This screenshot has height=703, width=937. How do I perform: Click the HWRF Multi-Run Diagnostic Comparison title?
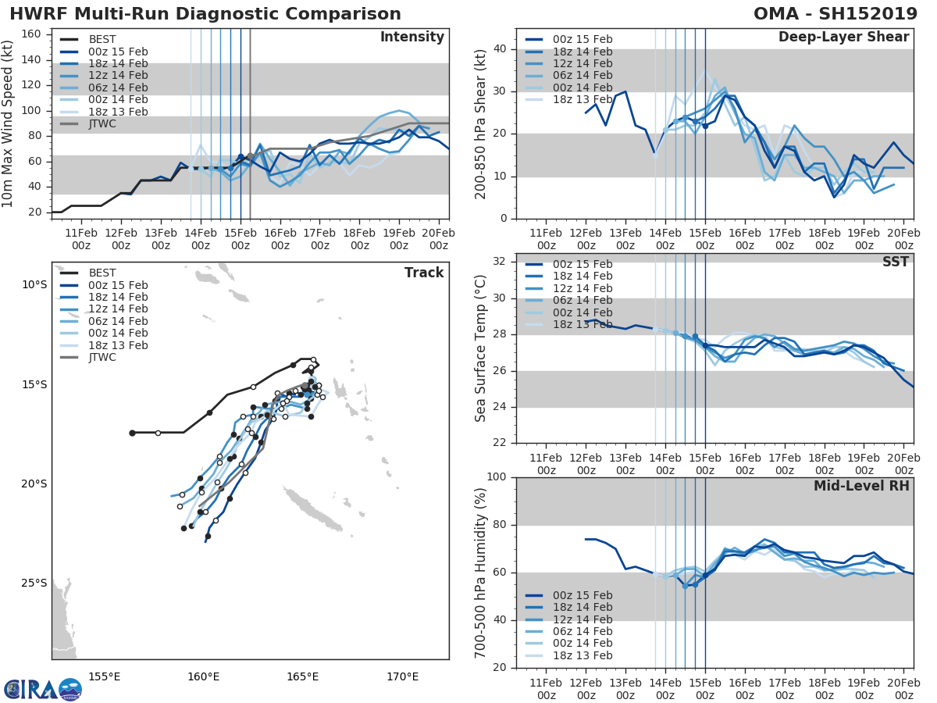click(205, 14)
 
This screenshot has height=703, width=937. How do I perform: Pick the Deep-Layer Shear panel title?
click(843, 37)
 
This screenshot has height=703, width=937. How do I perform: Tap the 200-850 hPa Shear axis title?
click(482, 124)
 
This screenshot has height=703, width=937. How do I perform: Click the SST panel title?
click(895, 262)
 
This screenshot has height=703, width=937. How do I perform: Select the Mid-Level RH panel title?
click(861, 486)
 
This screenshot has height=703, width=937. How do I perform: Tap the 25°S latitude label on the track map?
click(34, 583)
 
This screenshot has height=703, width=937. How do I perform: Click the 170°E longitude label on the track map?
click(403, 676)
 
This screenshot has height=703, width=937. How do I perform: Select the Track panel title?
click(424, 273)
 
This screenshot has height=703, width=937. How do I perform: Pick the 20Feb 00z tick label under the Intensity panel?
click(438, 238)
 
